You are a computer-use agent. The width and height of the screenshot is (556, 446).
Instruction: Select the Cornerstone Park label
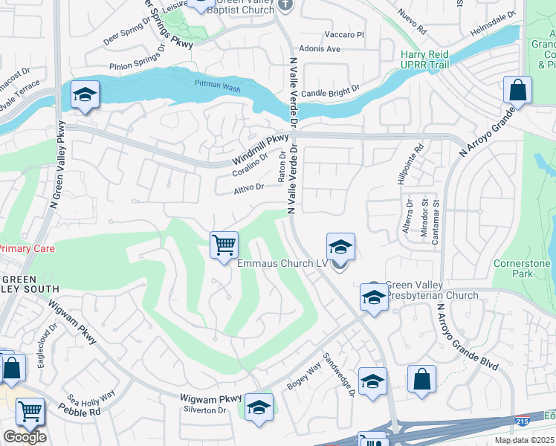pos(523,268)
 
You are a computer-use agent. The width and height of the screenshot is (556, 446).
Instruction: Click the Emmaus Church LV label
pos(282,263)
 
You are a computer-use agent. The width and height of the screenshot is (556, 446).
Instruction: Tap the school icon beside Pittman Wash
pos(85,94)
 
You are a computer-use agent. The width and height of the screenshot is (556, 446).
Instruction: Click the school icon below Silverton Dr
pos(259,407)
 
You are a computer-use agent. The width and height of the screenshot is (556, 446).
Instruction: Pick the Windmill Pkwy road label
pos(260,149)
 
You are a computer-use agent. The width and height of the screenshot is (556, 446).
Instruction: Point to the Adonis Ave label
pos(322,49)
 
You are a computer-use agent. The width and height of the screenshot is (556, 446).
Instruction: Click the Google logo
pos(25,437)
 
